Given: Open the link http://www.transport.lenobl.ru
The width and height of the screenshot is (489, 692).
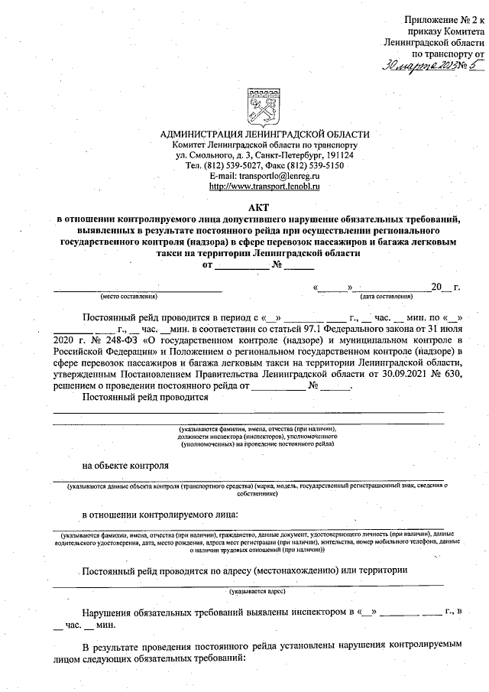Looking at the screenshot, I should pos(264,186).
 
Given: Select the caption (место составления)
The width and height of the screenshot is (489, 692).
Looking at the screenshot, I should pos(128,296).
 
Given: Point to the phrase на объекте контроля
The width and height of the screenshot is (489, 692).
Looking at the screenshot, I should pos(126,465).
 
